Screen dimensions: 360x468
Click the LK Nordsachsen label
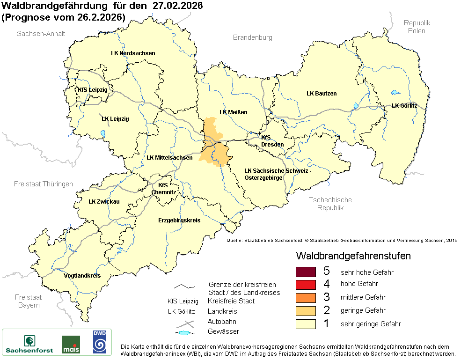pos(133,53)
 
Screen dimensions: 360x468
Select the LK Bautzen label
pos(322,94)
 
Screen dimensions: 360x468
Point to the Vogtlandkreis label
pos(82,276)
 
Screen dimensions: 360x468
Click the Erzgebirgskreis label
pos(179,220)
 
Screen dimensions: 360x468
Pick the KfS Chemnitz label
pos(164,189)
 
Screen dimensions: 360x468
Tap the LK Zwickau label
pos(104,202)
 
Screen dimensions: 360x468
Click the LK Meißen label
pos(234,112)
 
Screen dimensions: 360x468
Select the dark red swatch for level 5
pos(306,272)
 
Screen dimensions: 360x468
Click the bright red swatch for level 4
pos(306,284)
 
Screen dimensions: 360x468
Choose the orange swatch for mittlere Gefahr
pos(306,297)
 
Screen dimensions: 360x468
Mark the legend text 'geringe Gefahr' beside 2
pos(363,310)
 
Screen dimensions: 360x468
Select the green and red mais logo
pos(71,344)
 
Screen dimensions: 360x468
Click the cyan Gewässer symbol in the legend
pos(185,333)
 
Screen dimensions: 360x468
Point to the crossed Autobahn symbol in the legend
pos(185,323)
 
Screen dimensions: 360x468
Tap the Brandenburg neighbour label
pos(253,37)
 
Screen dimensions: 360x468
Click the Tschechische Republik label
pos(330,204)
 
